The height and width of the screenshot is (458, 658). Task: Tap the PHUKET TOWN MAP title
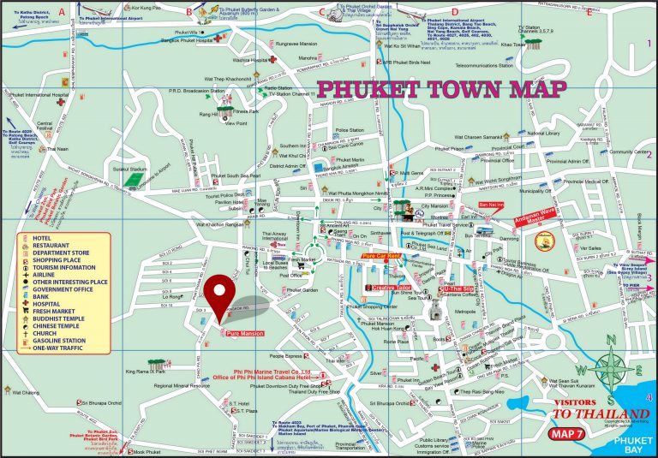coord(441,89)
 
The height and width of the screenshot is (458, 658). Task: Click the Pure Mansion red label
coord(244,332)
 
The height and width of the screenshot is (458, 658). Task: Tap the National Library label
coord(542,134)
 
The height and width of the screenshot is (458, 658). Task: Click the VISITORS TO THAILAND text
coord(583,410)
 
